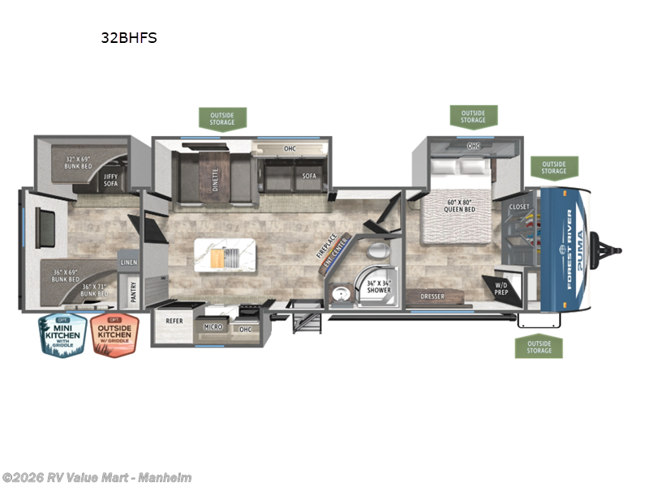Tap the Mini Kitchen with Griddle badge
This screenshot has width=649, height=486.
coord(63,335)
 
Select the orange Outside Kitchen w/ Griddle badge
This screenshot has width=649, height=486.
coord(114,335)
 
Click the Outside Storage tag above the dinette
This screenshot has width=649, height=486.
coord(221,119)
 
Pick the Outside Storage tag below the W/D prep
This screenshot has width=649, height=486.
coord(539,347)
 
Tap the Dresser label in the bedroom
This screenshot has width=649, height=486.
coord(432,297)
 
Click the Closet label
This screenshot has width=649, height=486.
coord(519,207)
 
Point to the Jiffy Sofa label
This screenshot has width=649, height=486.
coord(110,181)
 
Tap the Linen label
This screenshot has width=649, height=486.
coord(128,262)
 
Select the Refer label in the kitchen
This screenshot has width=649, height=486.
coord(174,321)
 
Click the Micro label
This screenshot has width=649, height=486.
coord(214,328)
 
